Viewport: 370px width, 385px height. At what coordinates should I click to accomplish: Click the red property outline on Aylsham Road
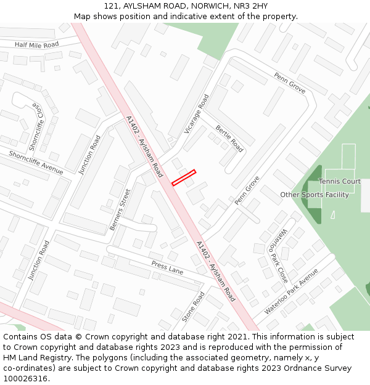183,177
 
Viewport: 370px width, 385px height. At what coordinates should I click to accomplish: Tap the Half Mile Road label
37,45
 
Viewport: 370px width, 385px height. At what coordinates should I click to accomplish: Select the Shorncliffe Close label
36,127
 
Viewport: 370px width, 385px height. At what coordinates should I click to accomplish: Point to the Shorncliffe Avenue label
36,162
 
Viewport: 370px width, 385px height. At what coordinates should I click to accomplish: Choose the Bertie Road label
229,139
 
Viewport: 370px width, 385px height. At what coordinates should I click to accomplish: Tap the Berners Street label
120,210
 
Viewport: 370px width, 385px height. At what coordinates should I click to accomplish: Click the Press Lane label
168,267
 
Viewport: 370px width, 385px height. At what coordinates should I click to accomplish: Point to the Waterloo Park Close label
277,255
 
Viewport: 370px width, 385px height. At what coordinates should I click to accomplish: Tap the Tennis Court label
340,182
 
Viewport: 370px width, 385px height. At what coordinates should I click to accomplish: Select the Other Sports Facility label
314,195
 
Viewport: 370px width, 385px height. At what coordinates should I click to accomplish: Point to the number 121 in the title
111,6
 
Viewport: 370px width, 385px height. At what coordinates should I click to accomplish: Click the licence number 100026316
25,378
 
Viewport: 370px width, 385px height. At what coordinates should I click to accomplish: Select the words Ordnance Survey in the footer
321,368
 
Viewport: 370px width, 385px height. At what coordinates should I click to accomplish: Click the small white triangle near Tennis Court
333,214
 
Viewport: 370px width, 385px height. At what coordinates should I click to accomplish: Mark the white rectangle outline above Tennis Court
348,156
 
